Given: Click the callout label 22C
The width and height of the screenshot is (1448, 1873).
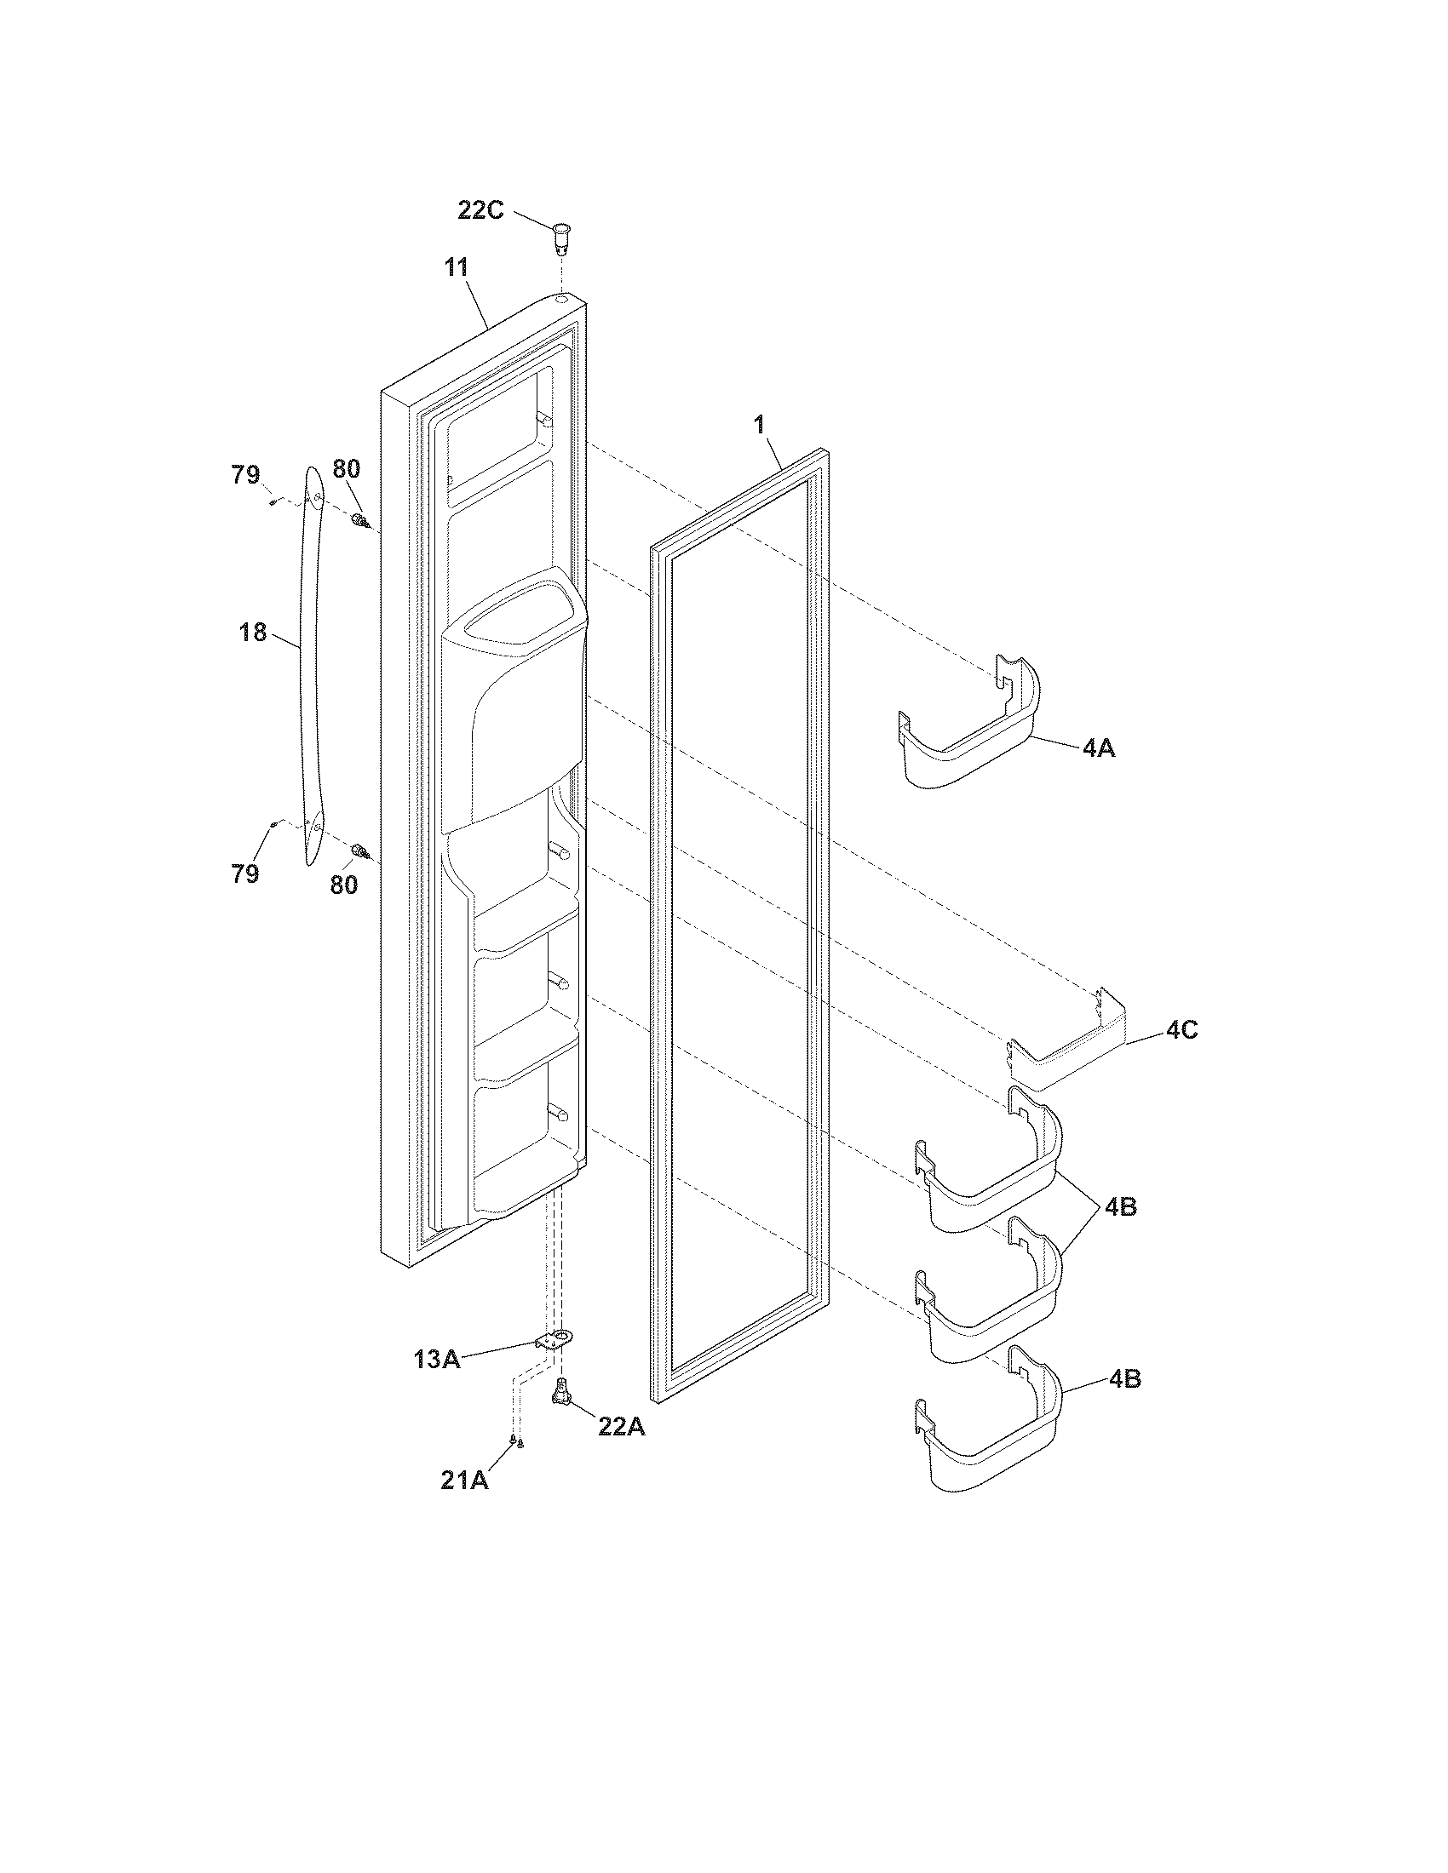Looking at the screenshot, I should coord(480,210).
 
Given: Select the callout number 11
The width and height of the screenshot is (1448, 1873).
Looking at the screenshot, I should coord(457,267).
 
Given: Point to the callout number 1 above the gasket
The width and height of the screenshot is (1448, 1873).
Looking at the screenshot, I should coord(758,423).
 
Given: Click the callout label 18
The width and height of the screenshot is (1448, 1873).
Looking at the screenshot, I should coord(253,633).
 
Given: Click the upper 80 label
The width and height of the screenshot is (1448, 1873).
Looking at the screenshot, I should coord(347,469).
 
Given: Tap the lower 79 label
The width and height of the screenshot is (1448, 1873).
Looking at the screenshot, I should coord(245,873).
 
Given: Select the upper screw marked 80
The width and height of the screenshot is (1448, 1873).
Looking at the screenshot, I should coord(361,519).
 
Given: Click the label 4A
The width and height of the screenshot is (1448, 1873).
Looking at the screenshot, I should coord(1098,747).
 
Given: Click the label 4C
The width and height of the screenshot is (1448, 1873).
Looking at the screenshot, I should coord(1181,1030).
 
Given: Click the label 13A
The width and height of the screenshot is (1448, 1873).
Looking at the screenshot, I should coord(437,1360).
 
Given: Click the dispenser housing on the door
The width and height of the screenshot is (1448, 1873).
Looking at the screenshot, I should coord(514,712).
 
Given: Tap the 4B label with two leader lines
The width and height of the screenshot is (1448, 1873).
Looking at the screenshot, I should coord(1120,1206).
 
